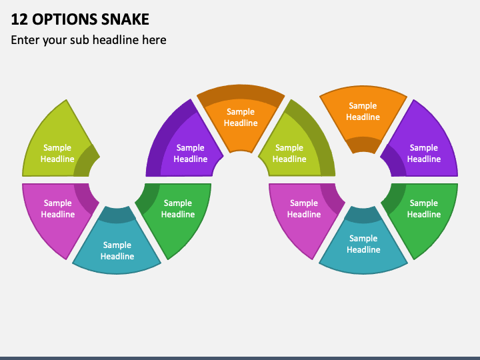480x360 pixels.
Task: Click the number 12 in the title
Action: pos(19,19)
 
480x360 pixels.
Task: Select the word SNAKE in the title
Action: pos(125,19)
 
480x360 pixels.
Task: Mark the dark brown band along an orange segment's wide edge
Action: pos(241,94)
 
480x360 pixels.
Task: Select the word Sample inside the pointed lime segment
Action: pos(57,147)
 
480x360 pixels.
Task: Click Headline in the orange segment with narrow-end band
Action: pos(363,117)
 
